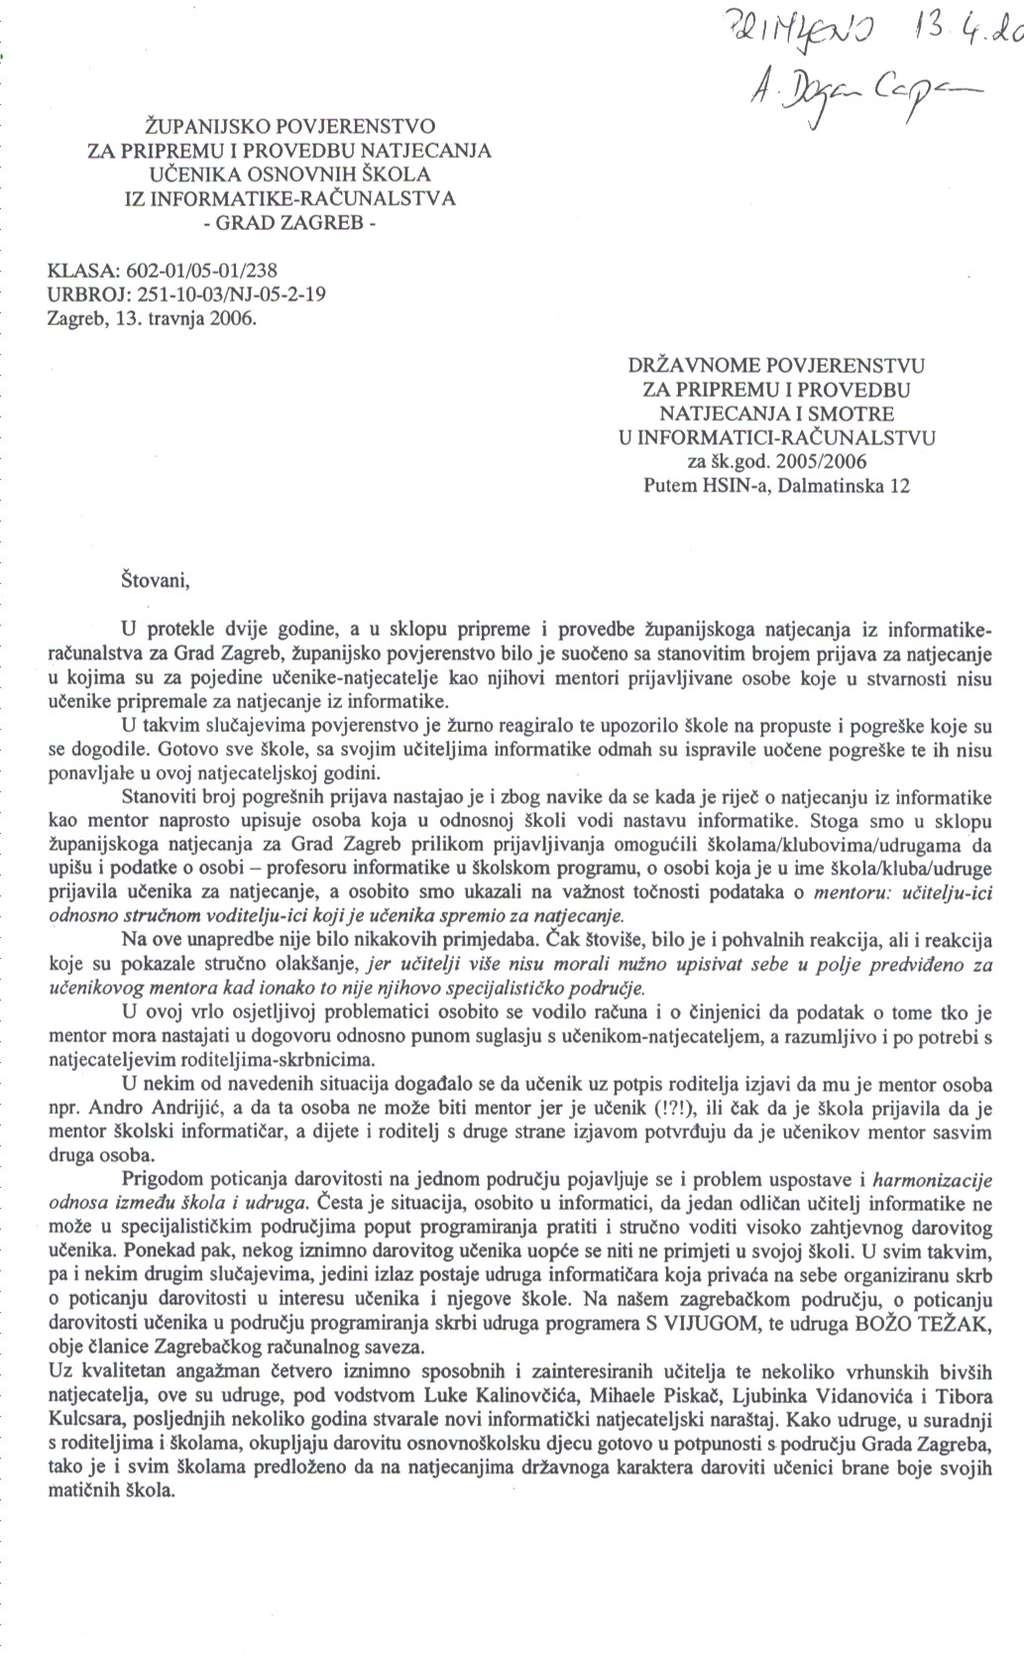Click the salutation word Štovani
[155, 579]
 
